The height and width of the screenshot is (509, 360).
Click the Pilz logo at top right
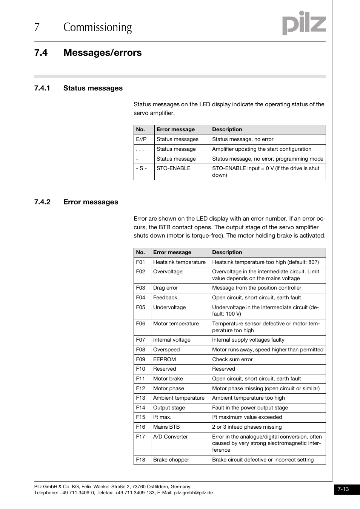coord(304,23)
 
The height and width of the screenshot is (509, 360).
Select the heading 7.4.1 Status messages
coord(78,88)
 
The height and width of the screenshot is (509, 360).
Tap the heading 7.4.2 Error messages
coord(76,202)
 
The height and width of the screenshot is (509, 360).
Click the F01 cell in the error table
coord(140,262)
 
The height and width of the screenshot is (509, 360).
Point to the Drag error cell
coord(165,288)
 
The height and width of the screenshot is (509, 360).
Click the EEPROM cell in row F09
coord(165,359)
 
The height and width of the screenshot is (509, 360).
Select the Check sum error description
coord(232,359)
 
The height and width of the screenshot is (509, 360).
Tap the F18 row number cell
coord(140,460)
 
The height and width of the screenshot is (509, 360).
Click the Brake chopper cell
coord(171,460)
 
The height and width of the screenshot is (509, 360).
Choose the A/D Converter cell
coord(170,437)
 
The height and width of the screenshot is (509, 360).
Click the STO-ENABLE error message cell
coord(173,168)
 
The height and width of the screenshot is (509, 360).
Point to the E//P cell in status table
coord(141,139)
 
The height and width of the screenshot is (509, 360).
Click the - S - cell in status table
coord(141,168)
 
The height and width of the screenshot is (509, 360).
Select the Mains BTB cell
coord(166,427)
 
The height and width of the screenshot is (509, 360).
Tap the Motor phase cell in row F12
coord(168,388)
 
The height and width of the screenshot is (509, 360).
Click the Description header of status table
coord(227,129)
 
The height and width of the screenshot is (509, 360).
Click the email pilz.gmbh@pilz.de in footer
coord(193,492)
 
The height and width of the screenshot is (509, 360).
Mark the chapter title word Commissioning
coord(97,27)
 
